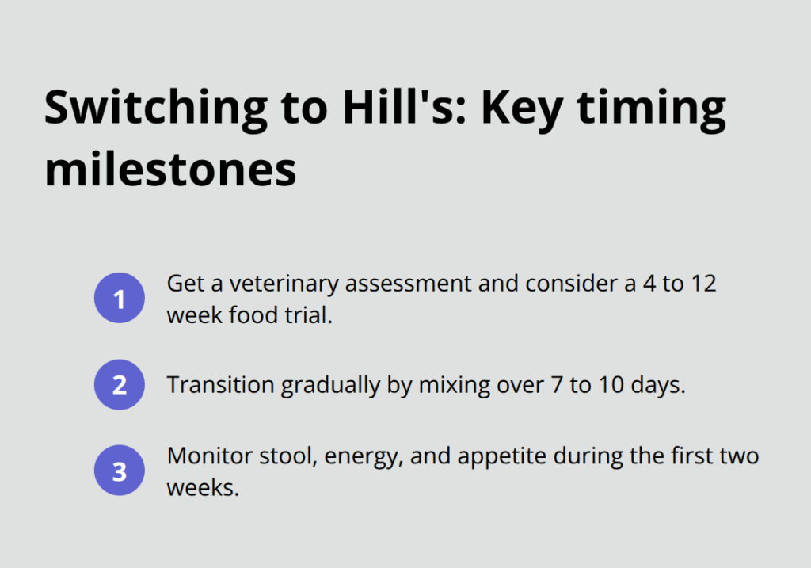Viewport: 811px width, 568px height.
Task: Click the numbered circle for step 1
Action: [x=120, y=299]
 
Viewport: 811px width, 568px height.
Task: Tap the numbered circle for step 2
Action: [x=120, y=386]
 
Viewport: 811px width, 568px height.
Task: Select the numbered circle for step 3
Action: [x=120, y=472]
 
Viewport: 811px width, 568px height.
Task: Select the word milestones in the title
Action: [x=169, y=170]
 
